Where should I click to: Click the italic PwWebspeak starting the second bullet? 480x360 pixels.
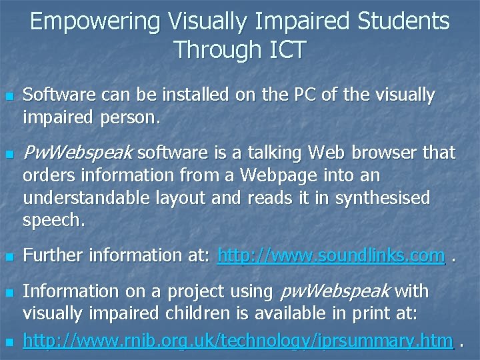[78, 153]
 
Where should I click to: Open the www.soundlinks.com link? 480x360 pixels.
[331, 255]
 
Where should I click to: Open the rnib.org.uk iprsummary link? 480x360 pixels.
[238, 341]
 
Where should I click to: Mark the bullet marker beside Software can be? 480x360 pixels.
[9, 97]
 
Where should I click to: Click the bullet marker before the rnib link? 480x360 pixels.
[9, 343]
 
